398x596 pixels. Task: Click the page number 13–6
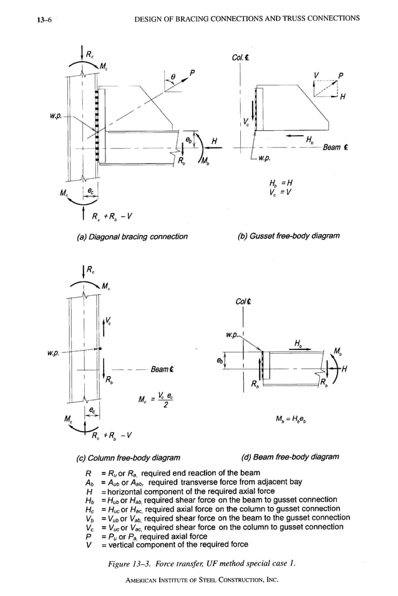click(29, 19)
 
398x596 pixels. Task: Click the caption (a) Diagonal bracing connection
click(131, 237)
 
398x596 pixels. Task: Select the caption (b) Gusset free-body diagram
click(289, 236)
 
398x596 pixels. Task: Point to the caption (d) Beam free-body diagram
click(289, 456)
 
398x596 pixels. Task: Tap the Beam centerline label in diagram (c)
click(162, 369)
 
